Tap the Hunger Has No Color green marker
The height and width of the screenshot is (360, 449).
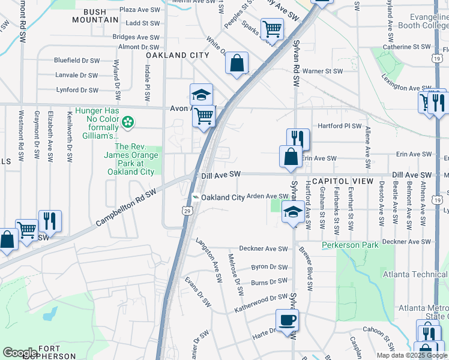pyautogui.click(x=127, y=123)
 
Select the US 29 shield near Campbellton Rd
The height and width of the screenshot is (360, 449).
pyautogui.click(x=188, y=211)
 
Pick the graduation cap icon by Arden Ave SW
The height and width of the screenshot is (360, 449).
pyautogui.click(x=293, y=211)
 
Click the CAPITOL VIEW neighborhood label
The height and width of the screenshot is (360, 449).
pyautogui.click(x=343, y=181)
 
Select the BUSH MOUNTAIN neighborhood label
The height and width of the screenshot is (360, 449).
pyautogui.click(x=95, y=16)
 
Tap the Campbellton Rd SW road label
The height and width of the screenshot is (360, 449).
pyautogui.click(x=125, y=208)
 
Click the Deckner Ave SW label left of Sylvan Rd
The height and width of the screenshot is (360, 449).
pyautogui.click(x=264, y=248)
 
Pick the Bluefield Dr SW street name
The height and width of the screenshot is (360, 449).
pyautogui.click(x=76, y=61)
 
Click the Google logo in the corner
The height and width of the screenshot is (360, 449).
pyautogui.click(x=20, y=352)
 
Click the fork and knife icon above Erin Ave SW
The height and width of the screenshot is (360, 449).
pyautogui.click(x=298, y=139)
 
